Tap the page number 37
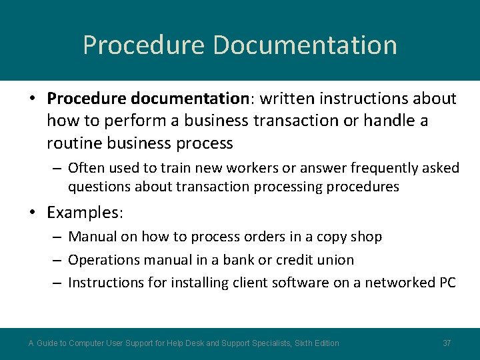[x=447, y=343]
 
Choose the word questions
[x=99, y=187]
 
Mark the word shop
[x=368, y=237]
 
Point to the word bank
[x=235, y=260]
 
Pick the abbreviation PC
[x=446, y=283]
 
